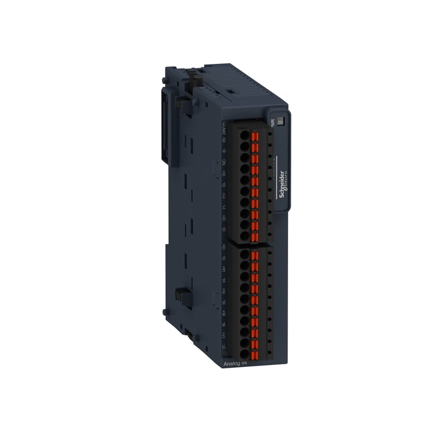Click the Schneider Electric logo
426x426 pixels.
pos(283,184)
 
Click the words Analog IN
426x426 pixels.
pos(235,364)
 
